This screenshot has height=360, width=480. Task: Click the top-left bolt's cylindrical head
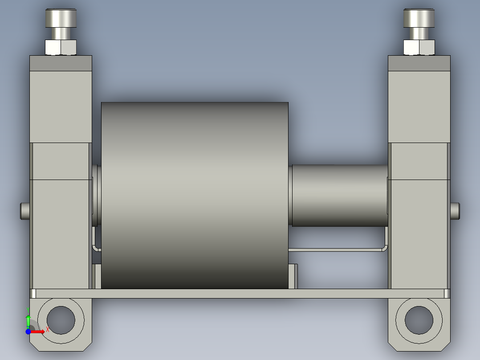click(x=61, y=18)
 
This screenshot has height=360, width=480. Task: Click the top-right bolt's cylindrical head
click(x=419, y=18)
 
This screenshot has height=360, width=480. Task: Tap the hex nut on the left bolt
click(x=61, y=47)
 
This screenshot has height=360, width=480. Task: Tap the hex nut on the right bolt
click(x=419, y=47)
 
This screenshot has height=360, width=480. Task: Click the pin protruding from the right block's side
click(x=455, y=211)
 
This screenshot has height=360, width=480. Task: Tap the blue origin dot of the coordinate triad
click(x=28, y=331)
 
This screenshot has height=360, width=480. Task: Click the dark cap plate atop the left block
click(x=61, y=63)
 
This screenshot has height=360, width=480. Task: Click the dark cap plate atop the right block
click(x=419, y=63)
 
